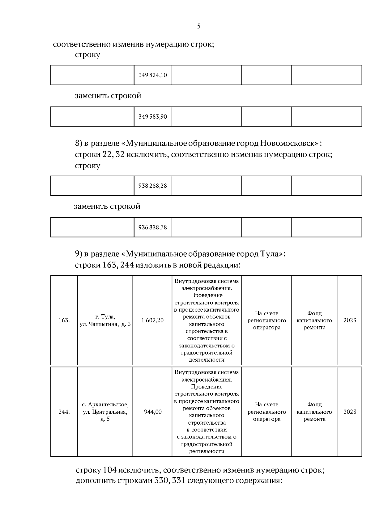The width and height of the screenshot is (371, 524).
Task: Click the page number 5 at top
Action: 198,26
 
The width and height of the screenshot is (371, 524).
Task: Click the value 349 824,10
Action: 152,75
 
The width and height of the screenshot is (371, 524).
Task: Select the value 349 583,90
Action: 152,117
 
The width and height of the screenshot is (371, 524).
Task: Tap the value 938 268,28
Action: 152,186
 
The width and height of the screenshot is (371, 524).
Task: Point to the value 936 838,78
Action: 152,228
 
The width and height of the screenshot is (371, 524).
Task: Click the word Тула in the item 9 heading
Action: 271,254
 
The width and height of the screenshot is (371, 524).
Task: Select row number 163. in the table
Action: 64,321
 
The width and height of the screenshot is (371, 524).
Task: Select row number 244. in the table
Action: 64,412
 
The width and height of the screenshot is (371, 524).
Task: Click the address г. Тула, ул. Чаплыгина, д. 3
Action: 105,321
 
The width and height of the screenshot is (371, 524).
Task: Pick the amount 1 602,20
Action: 152,321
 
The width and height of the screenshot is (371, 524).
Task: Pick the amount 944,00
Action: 153,412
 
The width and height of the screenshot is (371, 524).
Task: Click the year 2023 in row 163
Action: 350,321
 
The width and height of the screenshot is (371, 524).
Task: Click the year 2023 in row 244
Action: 350,412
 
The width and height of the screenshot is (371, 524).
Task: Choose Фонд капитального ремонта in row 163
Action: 314,321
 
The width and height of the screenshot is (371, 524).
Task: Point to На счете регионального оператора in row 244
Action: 267,412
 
